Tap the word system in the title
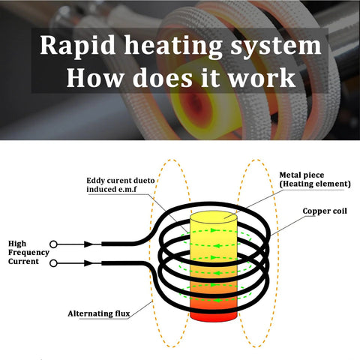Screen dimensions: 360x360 point(277,45)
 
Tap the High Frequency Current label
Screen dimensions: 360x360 point(28,252)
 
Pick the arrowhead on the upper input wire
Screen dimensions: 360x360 point(89,244)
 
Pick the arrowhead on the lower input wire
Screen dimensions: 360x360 point(89,262)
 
